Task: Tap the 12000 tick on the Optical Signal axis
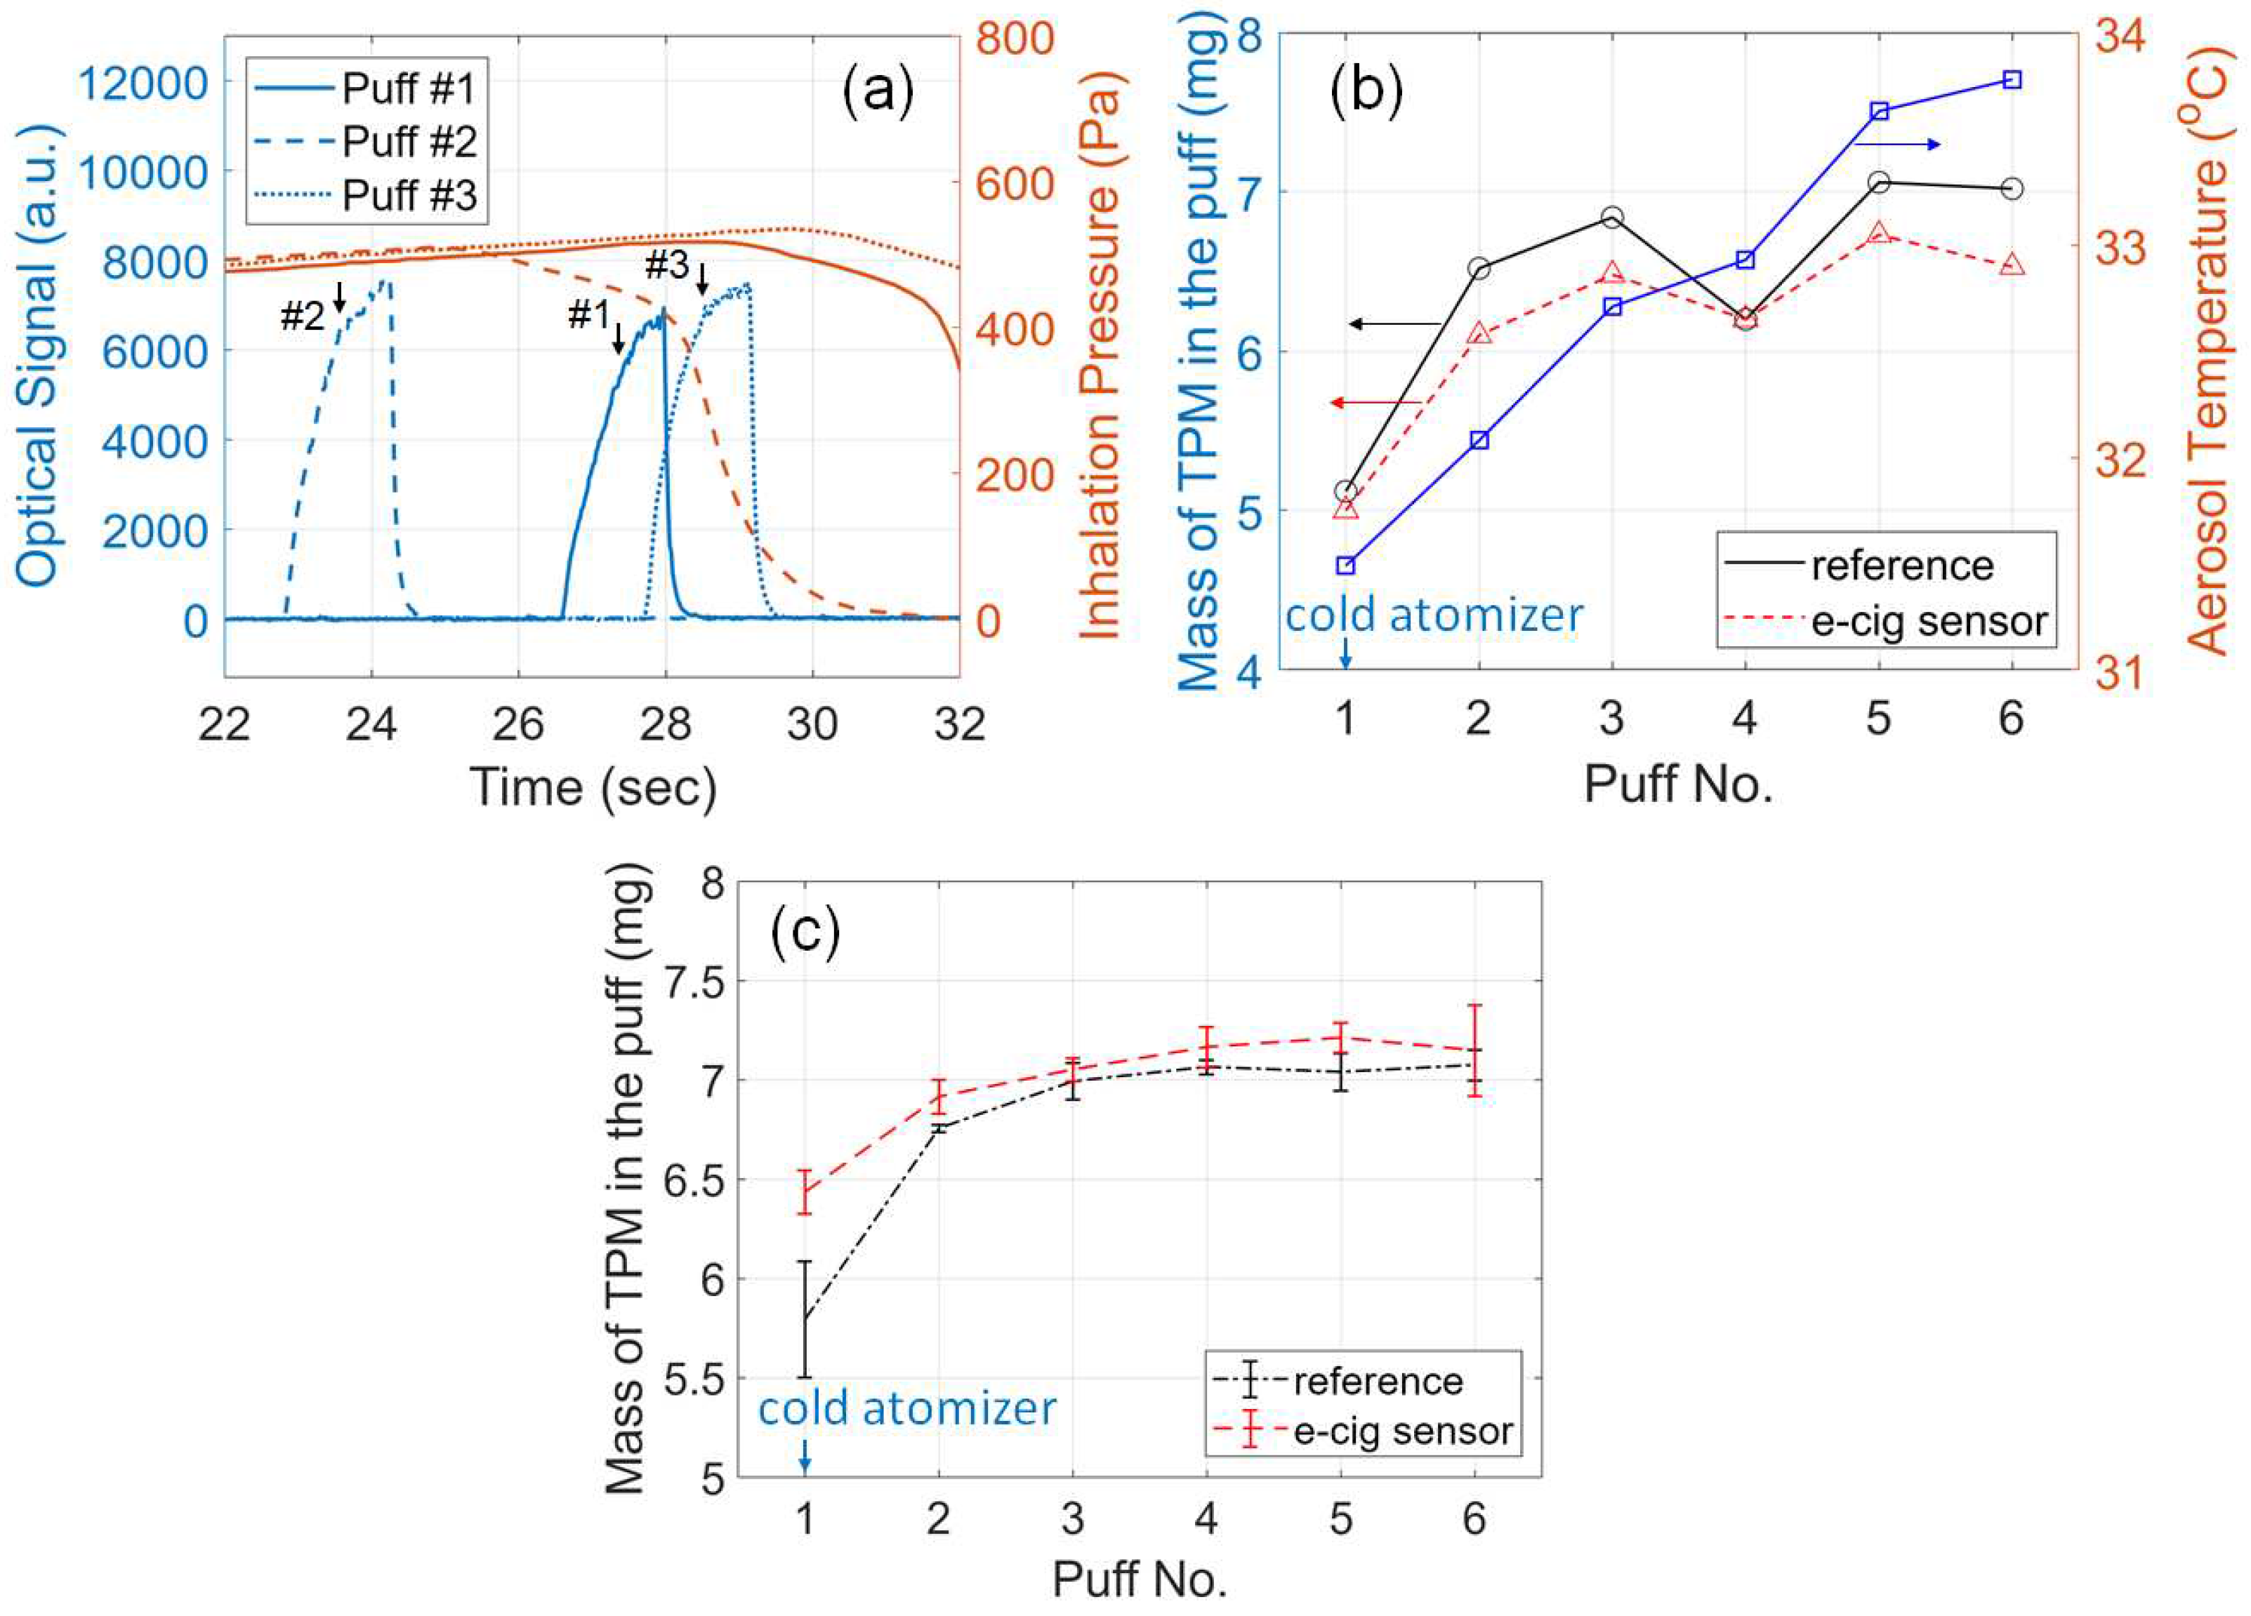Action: pos(143,84)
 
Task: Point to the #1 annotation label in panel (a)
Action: pos(588,316)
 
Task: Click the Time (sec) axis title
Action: pos(593,787)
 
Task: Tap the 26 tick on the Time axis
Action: pos(518,724)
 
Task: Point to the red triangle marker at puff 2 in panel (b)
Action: pos(1479,333)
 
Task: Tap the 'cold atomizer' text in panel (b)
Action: pos(1434,615)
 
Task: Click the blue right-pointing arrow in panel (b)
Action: pos(1896,145)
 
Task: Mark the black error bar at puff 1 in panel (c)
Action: pos(805,1318)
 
